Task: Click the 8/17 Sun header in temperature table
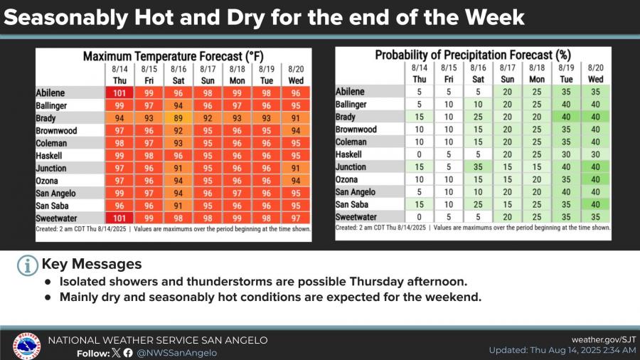point(208,74)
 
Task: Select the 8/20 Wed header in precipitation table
point(595,73)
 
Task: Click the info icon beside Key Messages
point(27,265)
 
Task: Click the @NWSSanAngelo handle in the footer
point(176,353)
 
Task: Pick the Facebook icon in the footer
point(128,353)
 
